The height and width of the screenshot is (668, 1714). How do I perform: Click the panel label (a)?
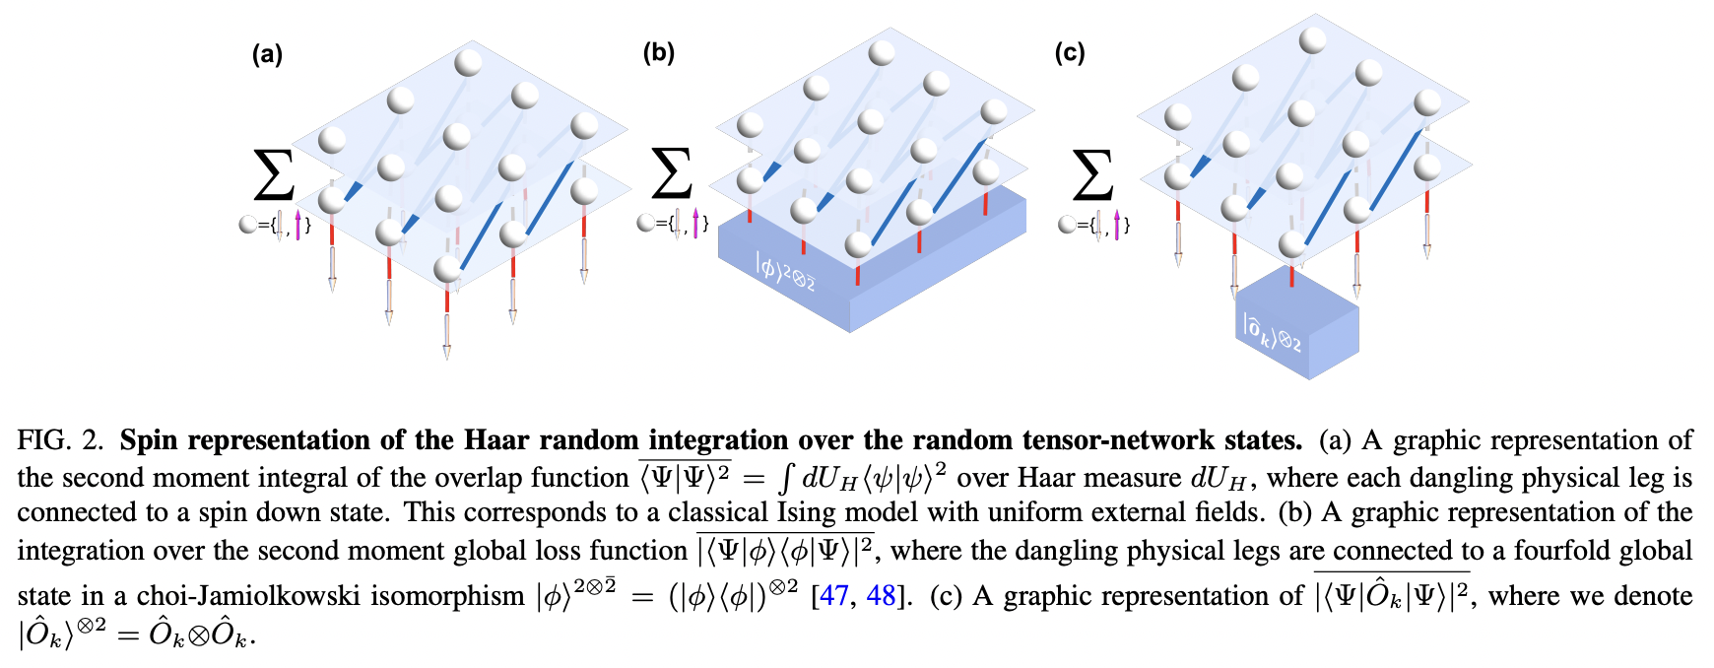pos(267,54)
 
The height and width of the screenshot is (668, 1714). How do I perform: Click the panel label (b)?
pos(659,52)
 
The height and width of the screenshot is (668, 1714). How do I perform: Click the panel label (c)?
pos(1070,52)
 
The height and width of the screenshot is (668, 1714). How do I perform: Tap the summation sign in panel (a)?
pos(274,175)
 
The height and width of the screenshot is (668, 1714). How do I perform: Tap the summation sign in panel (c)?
pos(1092,175)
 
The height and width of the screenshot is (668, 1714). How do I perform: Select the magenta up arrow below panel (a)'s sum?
pos(297,225)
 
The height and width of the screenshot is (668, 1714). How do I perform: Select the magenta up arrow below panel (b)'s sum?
pos(695,223)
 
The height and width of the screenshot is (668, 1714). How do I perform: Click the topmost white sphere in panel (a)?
pos(468,63)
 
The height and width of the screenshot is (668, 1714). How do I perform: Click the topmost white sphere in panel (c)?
pos(1312,40)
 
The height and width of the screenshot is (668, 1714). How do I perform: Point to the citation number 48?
pos(881,596)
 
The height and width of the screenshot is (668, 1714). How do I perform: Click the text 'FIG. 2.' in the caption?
pos(60,440)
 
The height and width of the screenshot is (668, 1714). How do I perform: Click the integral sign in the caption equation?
pos(785,478)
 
